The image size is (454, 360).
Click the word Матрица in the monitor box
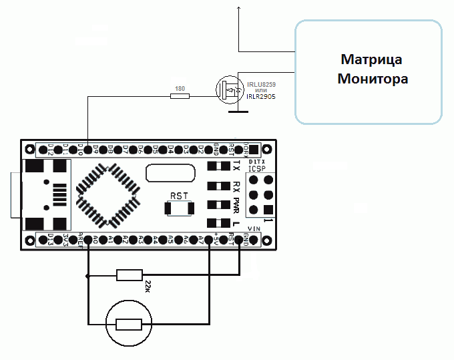click(372, 59)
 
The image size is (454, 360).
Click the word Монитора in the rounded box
click(372, 79)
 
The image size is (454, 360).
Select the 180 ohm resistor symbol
click(180, 96)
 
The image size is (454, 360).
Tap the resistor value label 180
click(179, 88)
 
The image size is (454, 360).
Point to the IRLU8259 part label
click(261, 84)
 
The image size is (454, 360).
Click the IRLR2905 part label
click(261, 97)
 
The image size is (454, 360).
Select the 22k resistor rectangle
click(130, 275)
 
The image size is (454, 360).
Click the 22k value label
click(148, 287)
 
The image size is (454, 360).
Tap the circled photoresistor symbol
click(130, 324)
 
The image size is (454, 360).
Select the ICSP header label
click(256, 169)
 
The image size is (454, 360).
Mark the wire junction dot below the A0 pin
click(88, 275)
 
